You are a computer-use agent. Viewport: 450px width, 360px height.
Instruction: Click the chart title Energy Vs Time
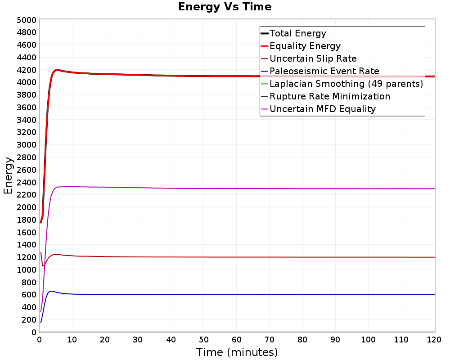coord(225,7)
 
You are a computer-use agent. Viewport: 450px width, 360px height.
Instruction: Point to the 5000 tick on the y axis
coord(27,20)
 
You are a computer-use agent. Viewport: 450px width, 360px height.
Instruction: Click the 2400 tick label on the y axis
coord(27,182)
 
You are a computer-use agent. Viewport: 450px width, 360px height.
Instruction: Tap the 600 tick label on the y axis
coord(29,295)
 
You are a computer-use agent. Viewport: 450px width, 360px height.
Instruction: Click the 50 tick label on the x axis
coord(203,340)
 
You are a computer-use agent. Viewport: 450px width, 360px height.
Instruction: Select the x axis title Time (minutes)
coord(237,352)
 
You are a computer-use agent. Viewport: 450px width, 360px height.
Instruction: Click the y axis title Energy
coord(8,175)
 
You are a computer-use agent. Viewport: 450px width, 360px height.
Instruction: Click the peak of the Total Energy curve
coord(57,70)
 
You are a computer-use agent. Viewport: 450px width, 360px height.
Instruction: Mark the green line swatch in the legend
coord(264,84)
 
